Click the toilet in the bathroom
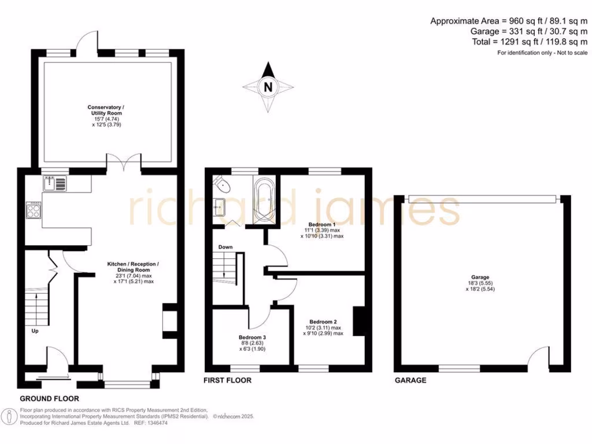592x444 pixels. [x=222, y=184]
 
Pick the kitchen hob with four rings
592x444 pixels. [x=34, y=209]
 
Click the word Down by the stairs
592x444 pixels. [x=225, y=247]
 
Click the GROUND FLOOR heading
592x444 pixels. [x=49, y=399]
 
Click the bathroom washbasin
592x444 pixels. [x=219, y=204]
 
